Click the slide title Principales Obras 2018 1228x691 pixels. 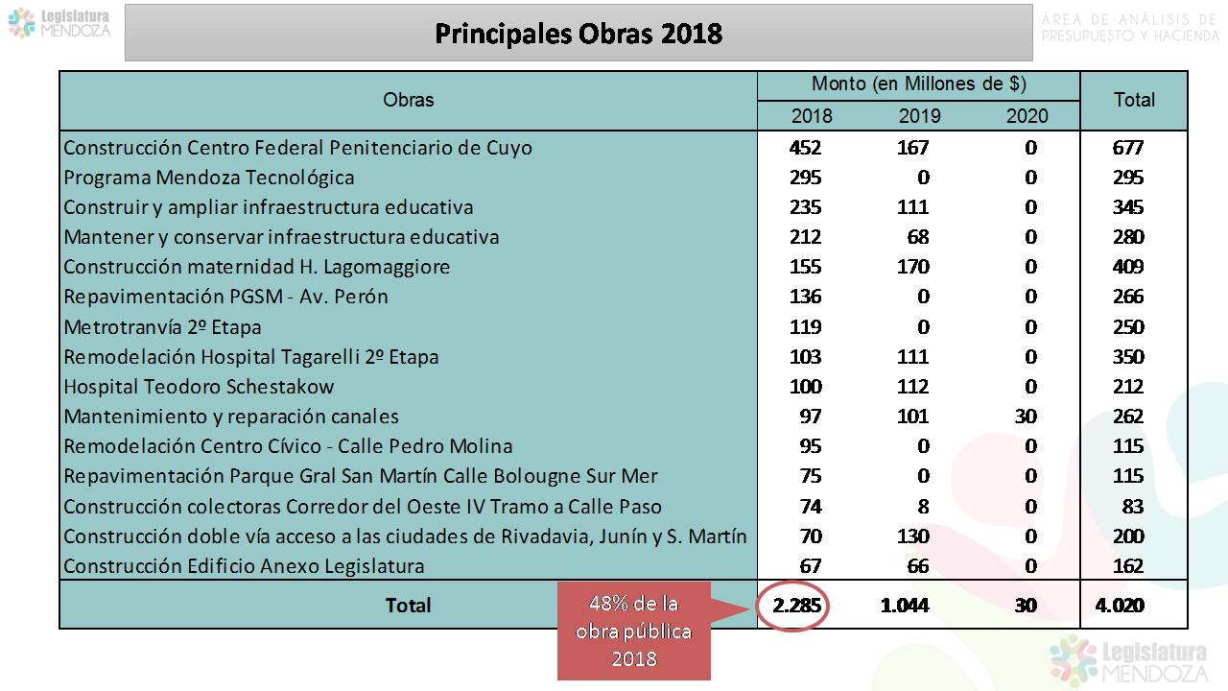pyautogui.click(x=579, y=34)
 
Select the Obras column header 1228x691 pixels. pyautogui.click(x=408, y=100)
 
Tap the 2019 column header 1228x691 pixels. pyautogui.click(x=919, y=116)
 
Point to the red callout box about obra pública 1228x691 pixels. pyautogui.click(x=634, y=631)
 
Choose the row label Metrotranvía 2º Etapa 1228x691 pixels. pyautogui.click(x=162, y=326)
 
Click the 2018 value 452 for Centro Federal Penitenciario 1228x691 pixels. pyautogui.click(x=804, y=148)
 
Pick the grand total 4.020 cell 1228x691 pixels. pyautogui.click(x=1119, y=606)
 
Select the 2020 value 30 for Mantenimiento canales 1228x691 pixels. pyautogui.click(x=1026, y=417)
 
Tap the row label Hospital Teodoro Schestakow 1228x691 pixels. pyautogui.click(x=199, y=387)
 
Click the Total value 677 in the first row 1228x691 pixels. pyautogui.click(x=1128, y=148)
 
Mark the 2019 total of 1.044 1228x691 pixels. pyautogui.click(x=905, y=606)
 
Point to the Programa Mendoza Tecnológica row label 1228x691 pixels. pyautogui.click(x=208, y=178)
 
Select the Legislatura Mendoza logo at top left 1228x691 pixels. pyautogui.click(x=59, y=23)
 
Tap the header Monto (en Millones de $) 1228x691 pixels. pyautogui.click(x=918, y=84)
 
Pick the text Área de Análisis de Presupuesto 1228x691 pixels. pyautogui.click(x=1128, y=28)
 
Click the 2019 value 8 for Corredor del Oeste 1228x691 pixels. pyautogui.click(x=923, y=506)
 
